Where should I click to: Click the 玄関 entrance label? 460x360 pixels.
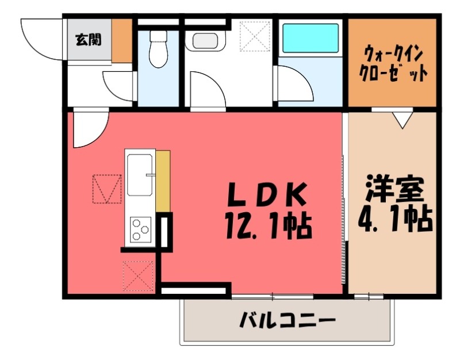coord(88,40)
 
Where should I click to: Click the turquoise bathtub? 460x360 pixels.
coord(310,38)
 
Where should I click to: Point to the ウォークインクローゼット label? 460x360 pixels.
coord(393,64)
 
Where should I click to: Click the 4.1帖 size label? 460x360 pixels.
coord(396,219)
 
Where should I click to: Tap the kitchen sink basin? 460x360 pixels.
coord(140,174)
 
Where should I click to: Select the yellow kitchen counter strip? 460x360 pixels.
coord(163,180)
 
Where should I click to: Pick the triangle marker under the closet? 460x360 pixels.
coord(402,120)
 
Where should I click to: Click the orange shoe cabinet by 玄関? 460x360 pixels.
coord(121,40)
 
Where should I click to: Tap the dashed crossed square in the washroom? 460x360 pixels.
coord(255,36)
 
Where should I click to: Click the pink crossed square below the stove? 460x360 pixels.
coord(139,275)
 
